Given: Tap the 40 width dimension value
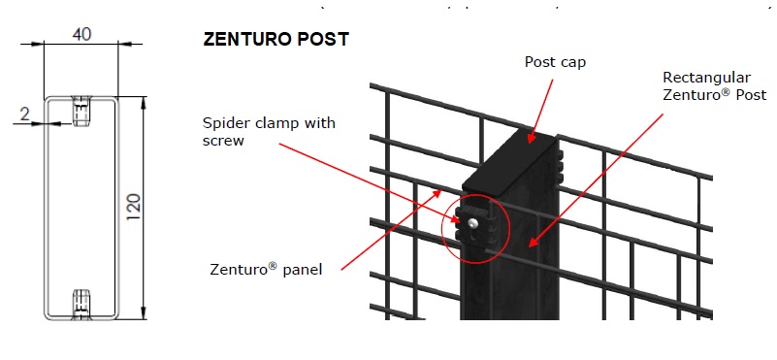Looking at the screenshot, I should coord(82,35).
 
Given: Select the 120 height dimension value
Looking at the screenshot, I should coord(134,205).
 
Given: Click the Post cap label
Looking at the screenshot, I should coord(555,62).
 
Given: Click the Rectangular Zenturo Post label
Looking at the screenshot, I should coord(715,85).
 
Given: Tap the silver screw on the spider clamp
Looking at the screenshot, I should coord(471,224).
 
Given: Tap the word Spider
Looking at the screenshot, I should coord(224,122).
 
